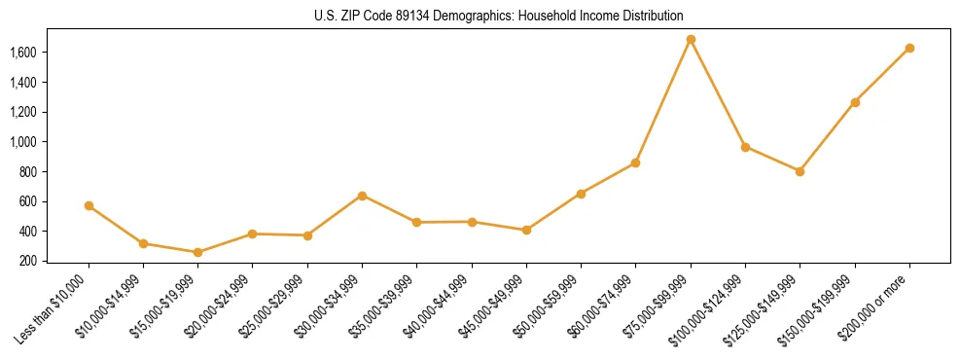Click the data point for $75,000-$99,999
click(691, 40)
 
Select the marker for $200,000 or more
click(909, 48)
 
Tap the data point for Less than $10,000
click(89, 206)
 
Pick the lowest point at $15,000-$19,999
click(197, 252)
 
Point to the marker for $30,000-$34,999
click(362, 196)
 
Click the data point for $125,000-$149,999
click(800, 171)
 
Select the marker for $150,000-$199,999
click(855, 102)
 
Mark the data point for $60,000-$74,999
click(635, 162)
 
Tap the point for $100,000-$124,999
click(745, 147)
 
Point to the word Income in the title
click(587, 17)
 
